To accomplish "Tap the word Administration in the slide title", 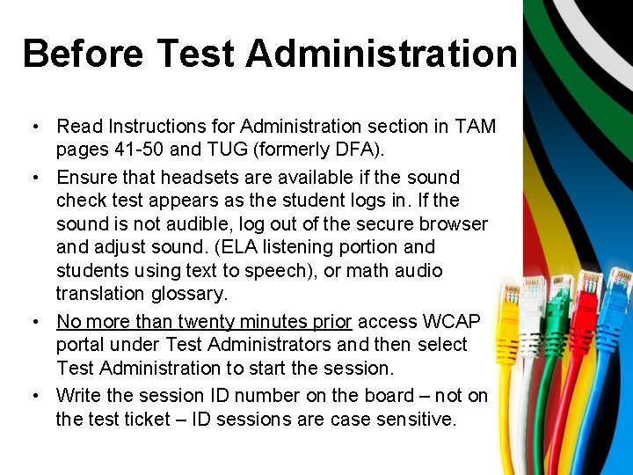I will [381, 54].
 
